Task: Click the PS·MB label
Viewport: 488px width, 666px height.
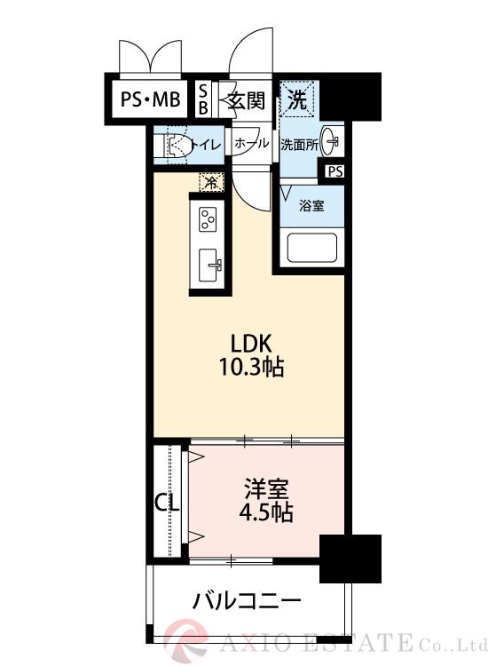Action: click(149, 100)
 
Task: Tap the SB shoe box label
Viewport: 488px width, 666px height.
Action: click(203, 99)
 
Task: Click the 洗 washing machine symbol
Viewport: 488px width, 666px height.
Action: click(295, 99)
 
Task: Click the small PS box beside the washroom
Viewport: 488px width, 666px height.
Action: click(335, 172)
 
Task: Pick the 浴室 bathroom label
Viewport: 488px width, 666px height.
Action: click(311, 205)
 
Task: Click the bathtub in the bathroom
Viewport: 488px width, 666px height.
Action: click(311, 249)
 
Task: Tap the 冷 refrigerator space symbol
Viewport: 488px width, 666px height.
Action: click(211, 182)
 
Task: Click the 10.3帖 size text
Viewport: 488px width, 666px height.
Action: click(251, 368)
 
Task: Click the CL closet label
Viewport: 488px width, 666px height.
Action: click(167, 503)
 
